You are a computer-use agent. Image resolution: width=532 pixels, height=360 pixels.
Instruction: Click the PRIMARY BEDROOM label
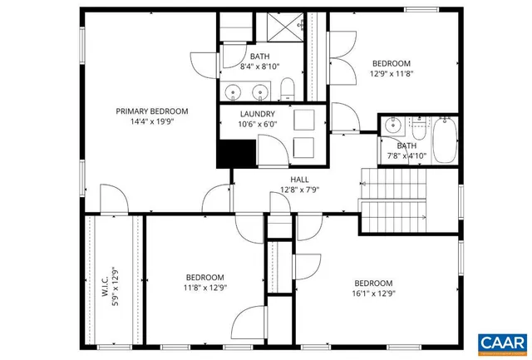click(x=151, y=111)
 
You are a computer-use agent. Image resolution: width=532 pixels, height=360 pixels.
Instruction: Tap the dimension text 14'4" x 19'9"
click(x=151, y=121)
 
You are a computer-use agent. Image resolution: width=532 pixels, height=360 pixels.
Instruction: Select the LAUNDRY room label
click(x=257, y=114)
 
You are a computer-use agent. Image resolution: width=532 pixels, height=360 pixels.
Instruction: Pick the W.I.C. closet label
click(x=106, y=282)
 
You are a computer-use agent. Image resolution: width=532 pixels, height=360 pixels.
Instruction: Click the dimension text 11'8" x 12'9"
click(x=204, y=288)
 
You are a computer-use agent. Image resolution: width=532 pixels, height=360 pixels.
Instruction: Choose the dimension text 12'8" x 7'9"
click(x=299, y=190)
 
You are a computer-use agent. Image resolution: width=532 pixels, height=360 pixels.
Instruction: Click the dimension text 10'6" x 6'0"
click(x=257, y=125)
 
